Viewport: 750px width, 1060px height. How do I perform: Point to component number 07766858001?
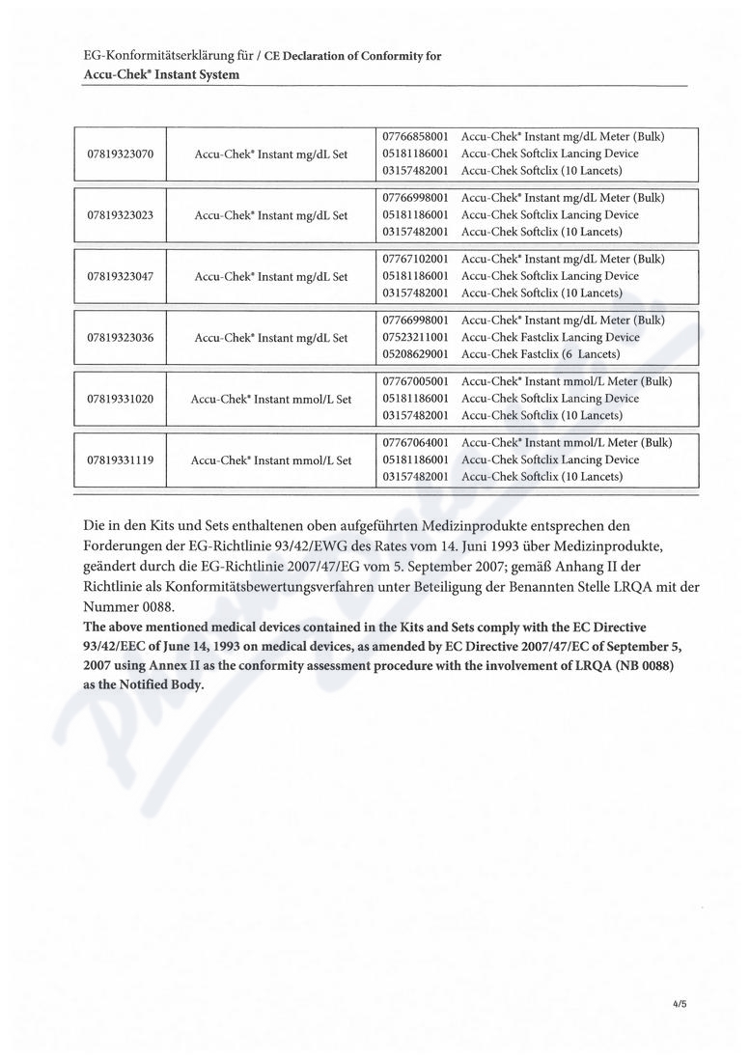click(415, 137)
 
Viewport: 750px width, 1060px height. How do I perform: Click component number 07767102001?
click(415, 259)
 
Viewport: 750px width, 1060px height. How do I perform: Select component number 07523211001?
click(415, 338)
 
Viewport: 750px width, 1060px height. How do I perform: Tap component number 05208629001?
click(415, 354)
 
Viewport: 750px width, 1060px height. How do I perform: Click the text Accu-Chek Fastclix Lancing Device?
click(550, 338)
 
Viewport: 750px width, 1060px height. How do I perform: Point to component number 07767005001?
click(415, 381)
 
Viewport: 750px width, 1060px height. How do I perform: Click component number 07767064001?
click(415, 443)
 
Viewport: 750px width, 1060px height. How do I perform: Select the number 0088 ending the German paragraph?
click(154, 607)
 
